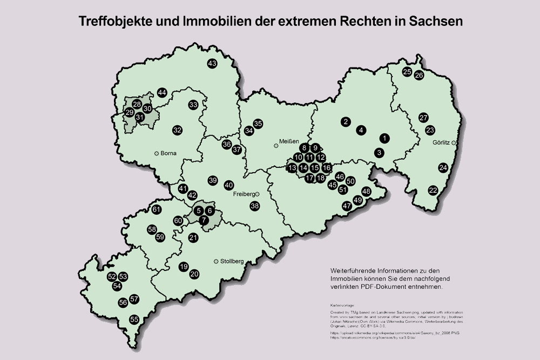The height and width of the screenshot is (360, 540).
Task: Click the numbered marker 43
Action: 212,64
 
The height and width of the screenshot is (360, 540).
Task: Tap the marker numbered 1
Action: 384,138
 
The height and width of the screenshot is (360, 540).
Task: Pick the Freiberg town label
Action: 245,194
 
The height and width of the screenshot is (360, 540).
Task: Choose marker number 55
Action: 134,320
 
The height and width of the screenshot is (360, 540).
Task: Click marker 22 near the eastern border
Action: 433,190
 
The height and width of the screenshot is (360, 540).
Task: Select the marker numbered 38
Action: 254,206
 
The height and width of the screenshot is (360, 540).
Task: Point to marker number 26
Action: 419,76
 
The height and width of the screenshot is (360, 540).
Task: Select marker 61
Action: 157,209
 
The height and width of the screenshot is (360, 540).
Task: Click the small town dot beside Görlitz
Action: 454,142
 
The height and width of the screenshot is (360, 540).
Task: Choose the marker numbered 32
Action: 177,130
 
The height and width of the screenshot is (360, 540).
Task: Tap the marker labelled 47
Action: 347,206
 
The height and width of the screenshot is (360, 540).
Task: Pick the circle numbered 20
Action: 195,274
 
